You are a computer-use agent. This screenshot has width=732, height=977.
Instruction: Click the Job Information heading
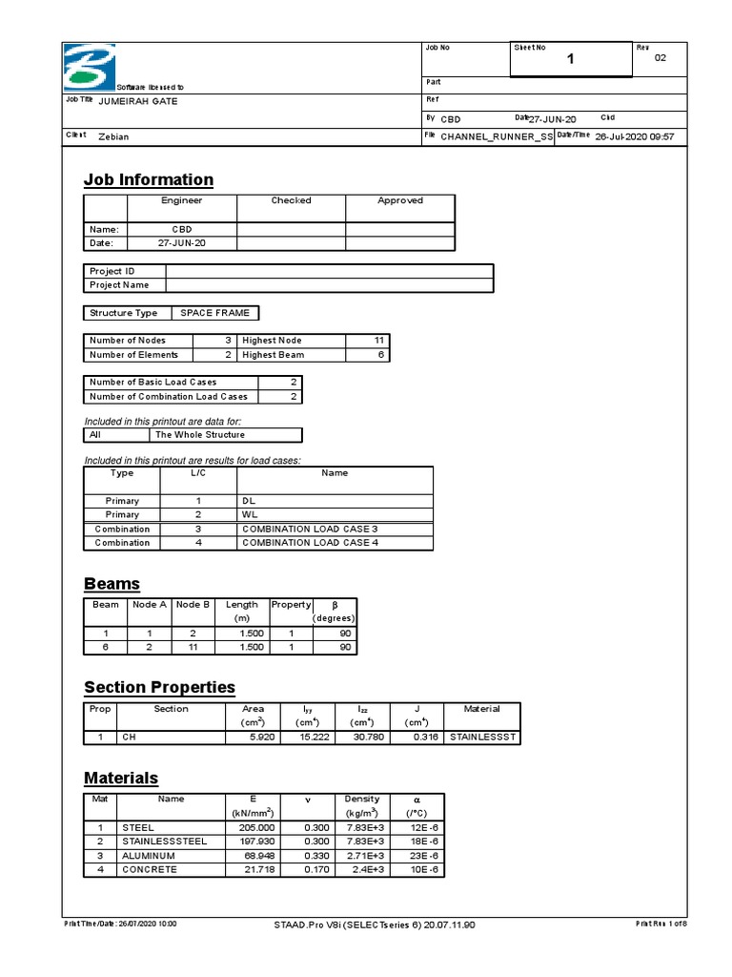pos(148,179)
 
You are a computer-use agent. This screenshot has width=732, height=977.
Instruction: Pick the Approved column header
pos(399,201)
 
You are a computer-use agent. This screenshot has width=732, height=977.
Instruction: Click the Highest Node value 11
pos(377,341)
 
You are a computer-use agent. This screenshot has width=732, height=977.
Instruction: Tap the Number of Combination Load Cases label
pos(168,396)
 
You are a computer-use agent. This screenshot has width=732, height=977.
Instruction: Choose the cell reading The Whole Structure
pos(200,435)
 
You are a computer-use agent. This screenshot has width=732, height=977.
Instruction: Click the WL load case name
pos(251,514)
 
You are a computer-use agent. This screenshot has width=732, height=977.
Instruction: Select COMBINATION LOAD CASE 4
pos(310,543)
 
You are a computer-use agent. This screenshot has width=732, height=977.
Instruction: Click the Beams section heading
pos(112,584)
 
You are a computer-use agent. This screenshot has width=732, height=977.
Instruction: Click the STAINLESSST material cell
pos(481,738)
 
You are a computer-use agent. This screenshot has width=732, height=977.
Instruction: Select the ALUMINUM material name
pos(150,856)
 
